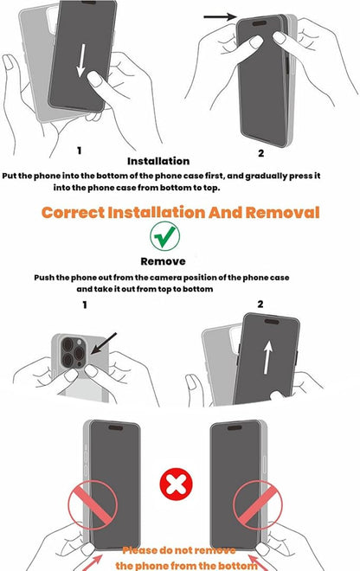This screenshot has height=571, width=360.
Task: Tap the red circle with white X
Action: click(178, 483)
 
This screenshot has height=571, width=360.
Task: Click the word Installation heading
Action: click(158, 161)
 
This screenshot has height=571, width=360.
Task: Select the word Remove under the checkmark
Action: click(163, 260)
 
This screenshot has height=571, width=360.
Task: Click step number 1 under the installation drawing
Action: click(80, 151)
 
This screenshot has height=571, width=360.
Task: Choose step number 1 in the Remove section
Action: click(85, 305)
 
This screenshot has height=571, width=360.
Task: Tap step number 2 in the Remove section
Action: click(259, 305)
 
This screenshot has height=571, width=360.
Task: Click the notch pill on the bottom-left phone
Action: click(112, 427)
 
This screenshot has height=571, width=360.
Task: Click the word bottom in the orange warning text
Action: click(233, 565)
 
